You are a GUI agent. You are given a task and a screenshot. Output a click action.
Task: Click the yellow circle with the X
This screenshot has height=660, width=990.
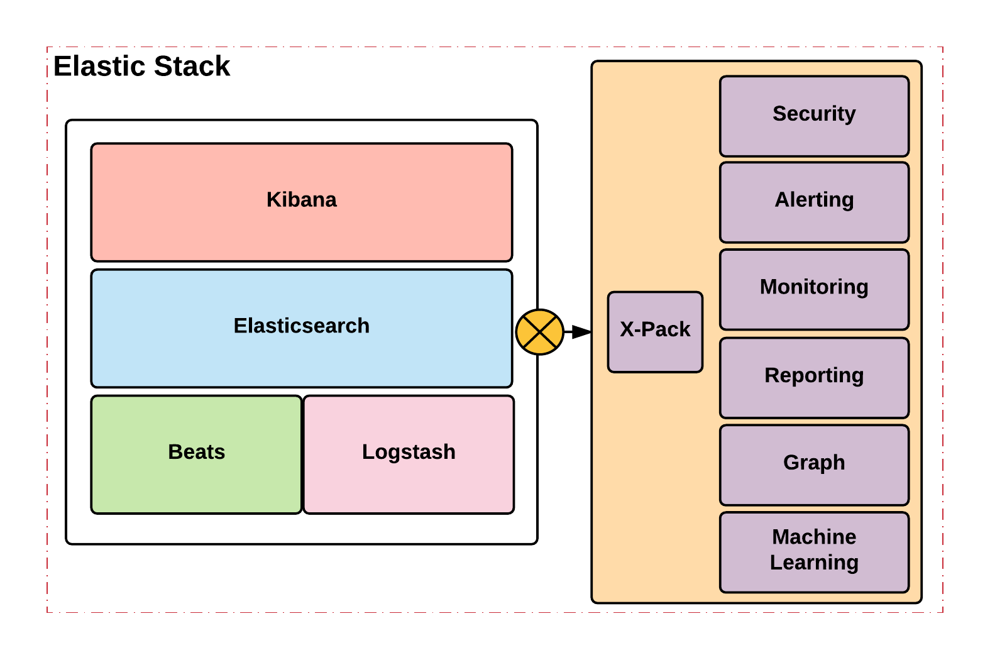point(539,332)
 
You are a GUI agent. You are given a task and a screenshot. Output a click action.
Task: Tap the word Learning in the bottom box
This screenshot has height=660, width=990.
point(814,563)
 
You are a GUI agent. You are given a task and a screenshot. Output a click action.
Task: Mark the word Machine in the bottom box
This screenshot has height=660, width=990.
point(814,537)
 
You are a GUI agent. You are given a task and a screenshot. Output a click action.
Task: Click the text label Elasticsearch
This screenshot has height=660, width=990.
point(301,326)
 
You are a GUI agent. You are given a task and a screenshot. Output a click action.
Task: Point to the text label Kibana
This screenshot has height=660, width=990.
point(301,199)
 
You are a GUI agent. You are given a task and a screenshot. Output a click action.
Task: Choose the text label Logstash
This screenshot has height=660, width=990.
point(409,451)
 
